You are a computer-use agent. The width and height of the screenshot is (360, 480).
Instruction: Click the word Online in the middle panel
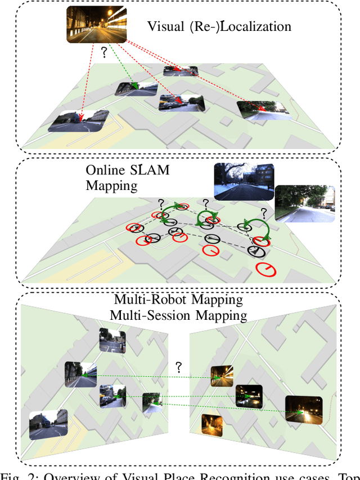(x=106, y=170)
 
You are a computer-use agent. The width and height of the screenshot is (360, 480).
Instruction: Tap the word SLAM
(x=149, y=170)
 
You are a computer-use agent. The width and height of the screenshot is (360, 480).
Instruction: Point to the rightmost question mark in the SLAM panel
(x=262, y=213)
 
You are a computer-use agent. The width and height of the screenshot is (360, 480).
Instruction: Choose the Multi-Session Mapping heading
(x=178, y=315)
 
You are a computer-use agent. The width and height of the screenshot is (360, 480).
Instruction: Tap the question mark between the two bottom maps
(x=179, y=368)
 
